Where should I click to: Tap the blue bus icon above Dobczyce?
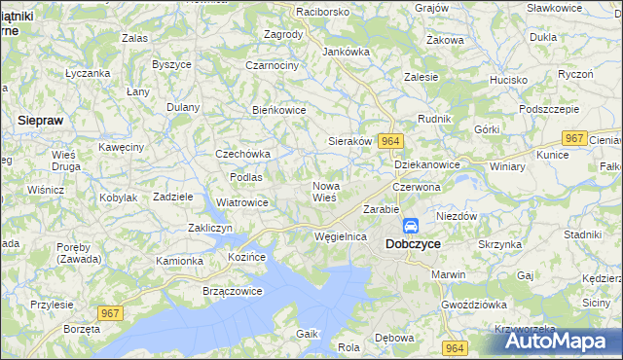pyautogui.click(x=411, y=226)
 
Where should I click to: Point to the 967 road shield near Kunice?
pyautogui.click(x=575, y=139)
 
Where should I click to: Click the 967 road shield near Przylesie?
pyautogui.click(x=110, y=311)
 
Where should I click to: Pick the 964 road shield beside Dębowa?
pyautogui.click(x=454, y=347)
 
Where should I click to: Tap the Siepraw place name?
pyautogui.click(x=42, y=120)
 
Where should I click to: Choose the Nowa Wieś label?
pyautogui.click(x=324, y=191)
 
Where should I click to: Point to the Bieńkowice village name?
pyautogui.click(x=279, y=110)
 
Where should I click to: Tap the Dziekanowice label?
pyautogui.click(x=426, y=165)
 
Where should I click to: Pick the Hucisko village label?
pyautogui.click(x=508, y=80)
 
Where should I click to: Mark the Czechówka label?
pyautogui.click(x=242, y=154)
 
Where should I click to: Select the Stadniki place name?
pyautogui.click(x=582, y=234)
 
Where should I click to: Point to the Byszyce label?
pyautogui.click(x=171, y=64)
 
